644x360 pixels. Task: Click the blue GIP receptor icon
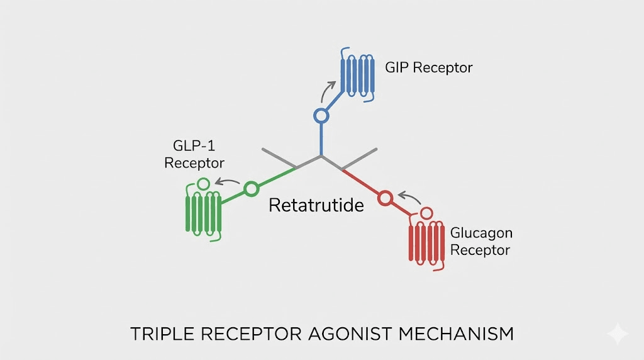pyautogui.click(x=357, y=75)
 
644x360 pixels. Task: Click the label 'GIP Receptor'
pyautogui.click(x=428, y=67)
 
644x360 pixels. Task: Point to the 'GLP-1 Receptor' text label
pyautogui.click(x=194, y=155)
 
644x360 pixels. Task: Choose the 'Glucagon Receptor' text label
pyautogui.click(x=480, y=241)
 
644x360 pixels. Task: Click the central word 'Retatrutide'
pyautogui.click(x=316, y=205)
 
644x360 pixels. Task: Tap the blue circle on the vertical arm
pyautogui.click(x=321, y=116)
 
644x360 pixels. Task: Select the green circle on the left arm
pyautogui.click(x=251, y=188)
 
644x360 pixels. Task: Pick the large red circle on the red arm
pyautogui.click(x=385, y=198)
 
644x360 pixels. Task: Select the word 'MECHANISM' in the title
pyautogui.click(x=465, y=334)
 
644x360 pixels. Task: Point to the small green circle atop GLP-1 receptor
pyautogui.click(x=203, y=184)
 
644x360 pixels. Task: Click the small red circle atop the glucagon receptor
pyautogui.click(x=427, y=212)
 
